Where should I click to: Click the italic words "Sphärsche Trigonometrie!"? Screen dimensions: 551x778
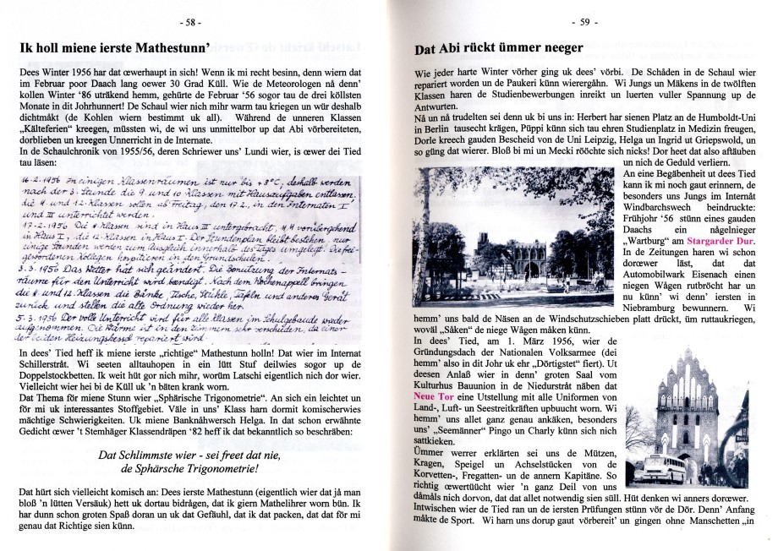pos(189,467)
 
